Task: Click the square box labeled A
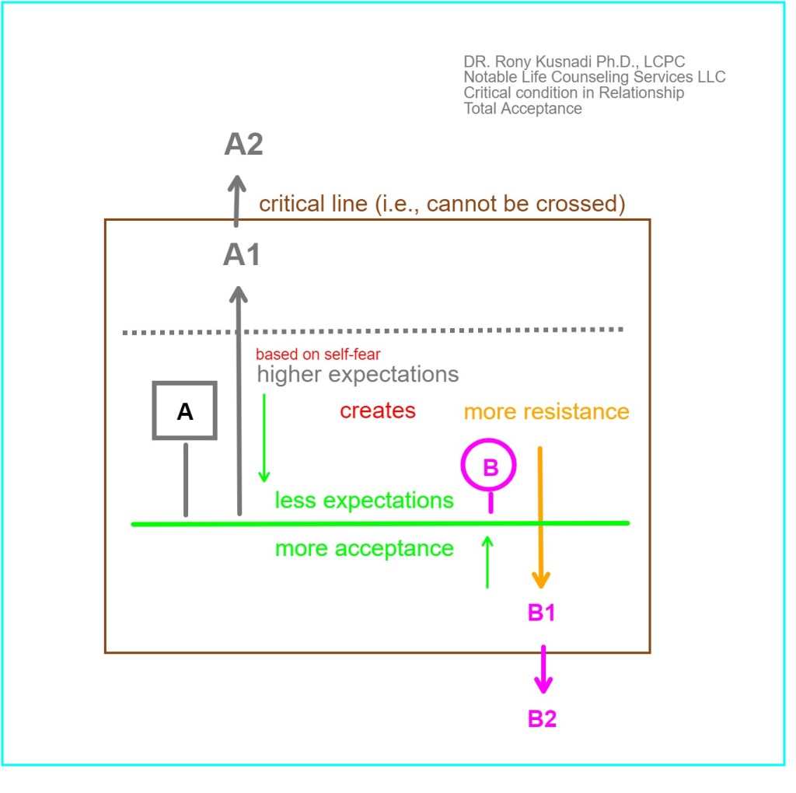click(155, 410)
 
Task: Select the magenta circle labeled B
click(463, 465)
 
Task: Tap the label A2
click(243, 144)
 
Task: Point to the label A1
click(242, 254)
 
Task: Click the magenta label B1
click(542, 613)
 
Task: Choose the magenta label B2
click(542, 719)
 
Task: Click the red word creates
click(378, 410)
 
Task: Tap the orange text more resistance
click(546, 412)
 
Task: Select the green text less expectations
click(364, 501)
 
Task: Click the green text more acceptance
click(365, 549)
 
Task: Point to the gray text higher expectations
click(358, 375)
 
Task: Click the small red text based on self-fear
click(318, 355)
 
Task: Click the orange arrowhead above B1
click(541, 579)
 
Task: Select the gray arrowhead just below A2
click(236, 183)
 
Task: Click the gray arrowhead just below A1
click(238, 295)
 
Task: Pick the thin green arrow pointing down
click(264, 438)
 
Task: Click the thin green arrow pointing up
click(487, 563)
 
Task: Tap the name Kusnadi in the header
click(564, 61)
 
